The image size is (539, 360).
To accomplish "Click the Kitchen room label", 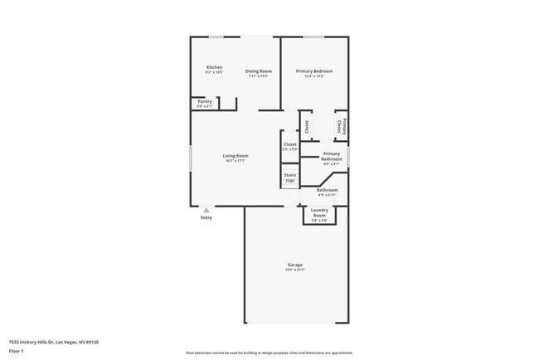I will [214, 67].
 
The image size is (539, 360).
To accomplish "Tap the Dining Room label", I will [259, 71].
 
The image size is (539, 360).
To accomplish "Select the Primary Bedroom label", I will [314, 71].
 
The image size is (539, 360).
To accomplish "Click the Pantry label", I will [205, 101].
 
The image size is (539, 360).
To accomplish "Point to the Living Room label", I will [236, 156].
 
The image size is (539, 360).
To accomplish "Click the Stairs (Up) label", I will [290, 178].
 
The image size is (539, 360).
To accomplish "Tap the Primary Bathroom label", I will [332, 156].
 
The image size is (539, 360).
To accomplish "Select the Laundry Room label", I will [319, 212].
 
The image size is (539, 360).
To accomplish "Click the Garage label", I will [295, 265].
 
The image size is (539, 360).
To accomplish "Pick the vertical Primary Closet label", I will [341, 126].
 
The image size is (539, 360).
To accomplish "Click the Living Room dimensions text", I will [236, 161].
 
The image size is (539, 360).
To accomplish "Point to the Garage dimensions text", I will [295, 270].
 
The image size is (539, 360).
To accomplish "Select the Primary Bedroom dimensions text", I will [314, 76].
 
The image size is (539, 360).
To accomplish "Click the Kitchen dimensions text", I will [214, 72].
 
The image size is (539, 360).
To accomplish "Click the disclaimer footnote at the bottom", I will [269, 352].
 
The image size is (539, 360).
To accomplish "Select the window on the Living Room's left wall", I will [191, 158].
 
